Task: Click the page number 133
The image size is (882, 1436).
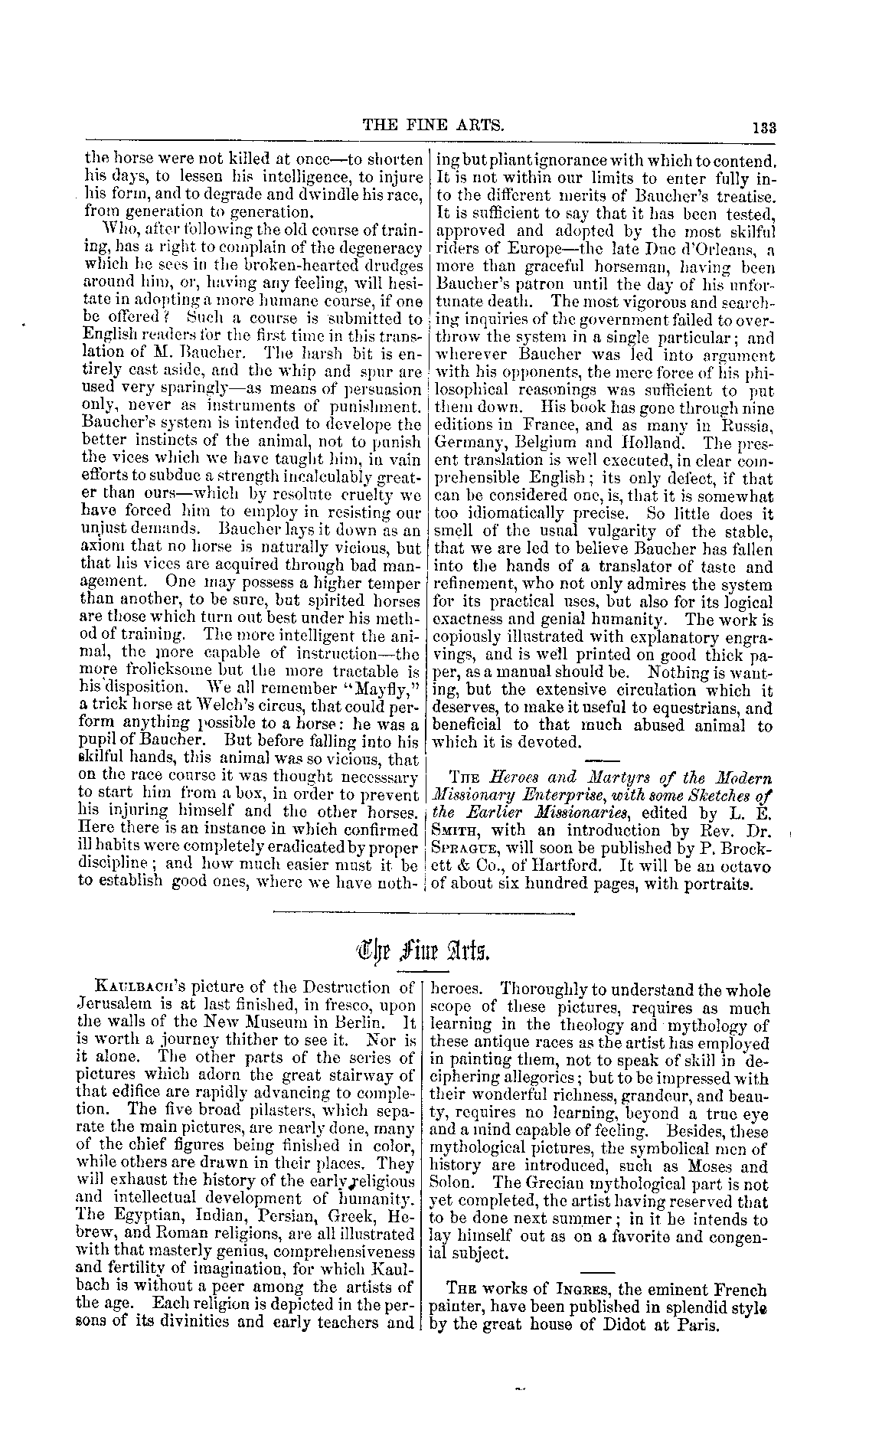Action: click(763, 129)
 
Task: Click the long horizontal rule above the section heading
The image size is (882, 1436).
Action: click(423, 913)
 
